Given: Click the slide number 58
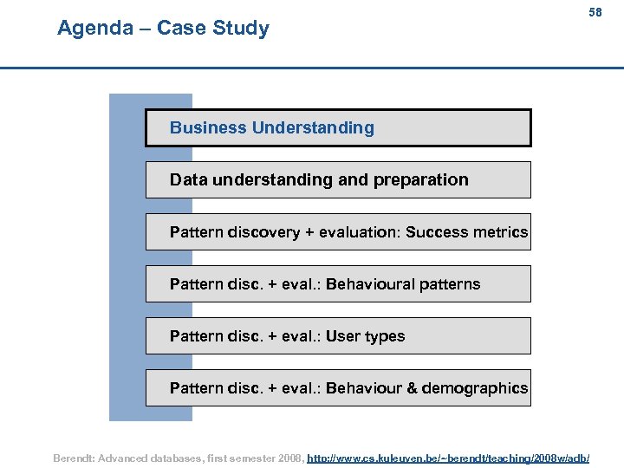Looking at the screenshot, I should (x=595, y=13).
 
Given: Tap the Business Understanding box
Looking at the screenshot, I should (x=338, y=127).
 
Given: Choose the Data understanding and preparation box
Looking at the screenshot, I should (x=338, y=179).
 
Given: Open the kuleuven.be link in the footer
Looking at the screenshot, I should (x=448, y=457).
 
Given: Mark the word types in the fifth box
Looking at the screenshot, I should (x=386, y=336).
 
